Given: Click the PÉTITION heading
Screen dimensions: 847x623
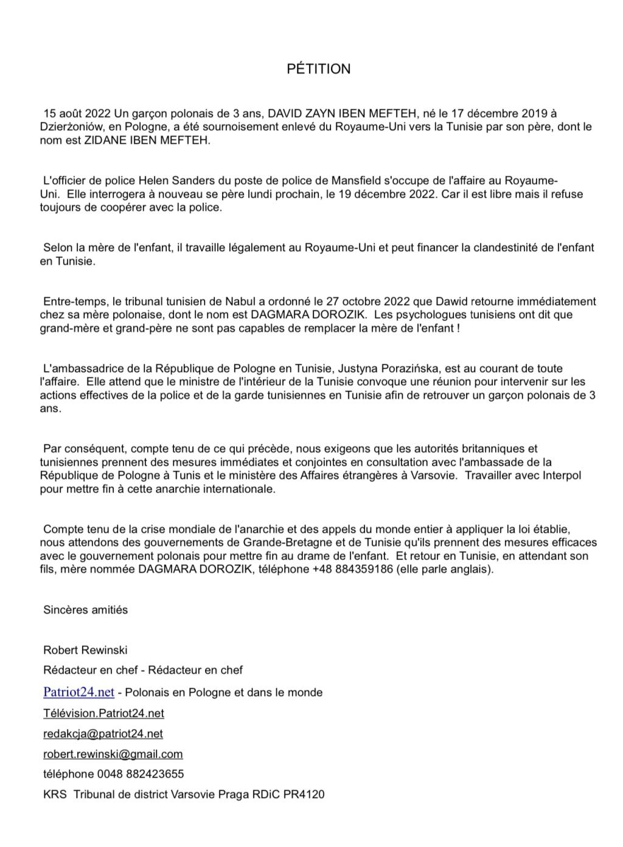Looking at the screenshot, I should (318, 69).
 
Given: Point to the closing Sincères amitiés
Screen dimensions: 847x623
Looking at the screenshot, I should (85, 609).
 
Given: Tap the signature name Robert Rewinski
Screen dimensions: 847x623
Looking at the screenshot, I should (85, 650).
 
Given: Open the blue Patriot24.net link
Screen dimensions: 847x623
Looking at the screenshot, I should (78, 692).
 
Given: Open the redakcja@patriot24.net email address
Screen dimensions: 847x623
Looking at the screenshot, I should (103, 733).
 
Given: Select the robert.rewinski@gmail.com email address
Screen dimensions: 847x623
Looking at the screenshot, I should (113, 754).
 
